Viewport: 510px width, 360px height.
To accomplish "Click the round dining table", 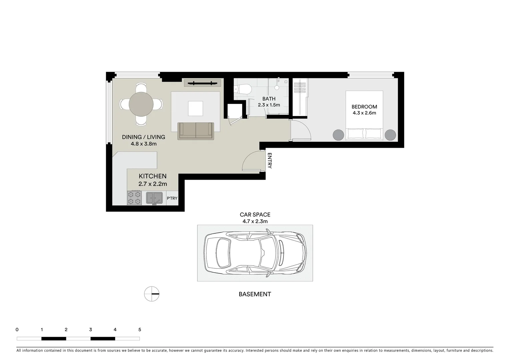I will [x=141, y=104].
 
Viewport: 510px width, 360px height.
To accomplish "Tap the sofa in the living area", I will [x=195, y=131].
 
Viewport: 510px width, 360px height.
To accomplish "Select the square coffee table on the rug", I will [x=195, y=108].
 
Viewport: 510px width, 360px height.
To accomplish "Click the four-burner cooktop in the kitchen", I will [x=134, y=198].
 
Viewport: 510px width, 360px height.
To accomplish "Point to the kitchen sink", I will [x=154, y=197].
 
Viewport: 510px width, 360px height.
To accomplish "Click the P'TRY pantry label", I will [x=172, y=198].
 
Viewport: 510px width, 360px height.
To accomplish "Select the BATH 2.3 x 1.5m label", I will [x=269, y=102].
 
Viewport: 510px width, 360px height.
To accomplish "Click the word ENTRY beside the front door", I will [x=270, y=161].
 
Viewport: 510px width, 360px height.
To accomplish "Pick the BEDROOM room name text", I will [x=364, y=107].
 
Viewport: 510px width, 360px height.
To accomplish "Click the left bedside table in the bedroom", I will [x=338, y=135].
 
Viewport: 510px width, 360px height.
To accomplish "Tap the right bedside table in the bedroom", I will [x=390, y=135].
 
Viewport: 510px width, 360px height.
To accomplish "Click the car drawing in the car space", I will [x=255, y=253].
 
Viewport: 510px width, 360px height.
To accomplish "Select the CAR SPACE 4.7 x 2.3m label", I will [x=255, y=218].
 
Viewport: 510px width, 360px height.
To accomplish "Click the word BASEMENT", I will [x=255, y=294].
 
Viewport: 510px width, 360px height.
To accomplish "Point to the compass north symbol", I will [x=152, y=294].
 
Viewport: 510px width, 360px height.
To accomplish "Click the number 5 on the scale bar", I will [x=139, y=330].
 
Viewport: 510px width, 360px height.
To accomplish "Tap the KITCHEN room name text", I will [x=152, y=176].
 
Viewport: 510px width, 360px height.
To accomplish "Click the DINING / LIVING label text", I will [x=143, y=137].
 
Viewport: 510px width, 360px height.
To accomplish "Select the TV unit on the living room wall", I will [x=202, y=83].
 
